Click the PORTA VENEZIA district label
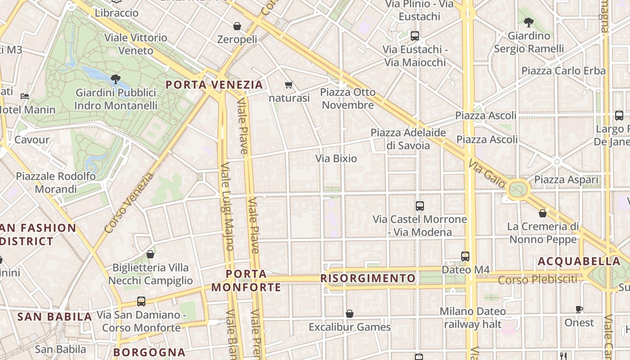point(214,85)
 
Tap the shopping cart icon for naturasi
point(288,85)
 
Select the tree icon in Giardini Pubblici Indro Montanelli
point(116,79)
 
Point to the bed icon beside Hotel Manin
point(25,96)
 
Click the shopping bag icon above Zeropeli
point(237,26)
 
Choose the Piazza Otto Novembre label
point(347,99)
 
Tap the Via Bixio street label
point(336,158)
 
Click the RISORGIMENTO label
point(368,278)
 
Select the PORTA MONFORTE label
point(246,280)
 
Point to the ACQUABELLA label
point(579,261)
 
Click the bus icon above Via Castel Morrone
point(420,206)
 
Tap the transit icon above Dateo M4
point(465,256)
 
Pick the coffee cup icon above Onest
point(579,309)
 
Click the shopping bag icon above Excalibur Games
point(350,314)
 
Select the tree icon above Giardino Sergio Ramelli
point(529,22)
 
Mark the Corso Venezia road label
point(129,203)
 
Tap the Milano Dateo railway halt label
point(472,317)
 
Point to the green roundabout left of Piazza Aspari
point(518,189)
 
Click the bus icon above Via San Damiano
point(141,301)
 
